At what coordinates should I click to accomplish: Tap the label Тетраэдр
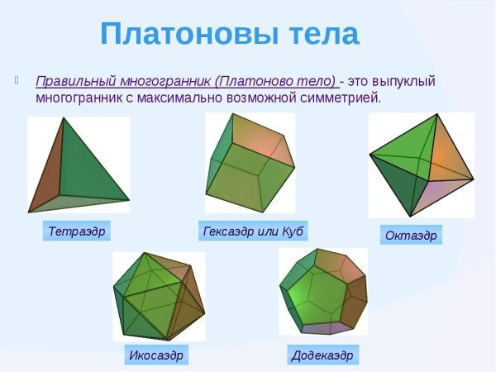77,231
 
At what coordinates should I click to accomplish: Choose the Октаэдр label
411,236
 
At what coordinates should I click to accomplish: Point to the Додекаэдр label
322,355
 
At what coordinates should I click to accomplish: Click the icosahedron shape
158,298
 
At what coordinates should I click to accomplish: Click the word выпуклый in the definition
403,82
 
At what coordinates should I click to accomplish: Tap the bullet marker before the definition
17,81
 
